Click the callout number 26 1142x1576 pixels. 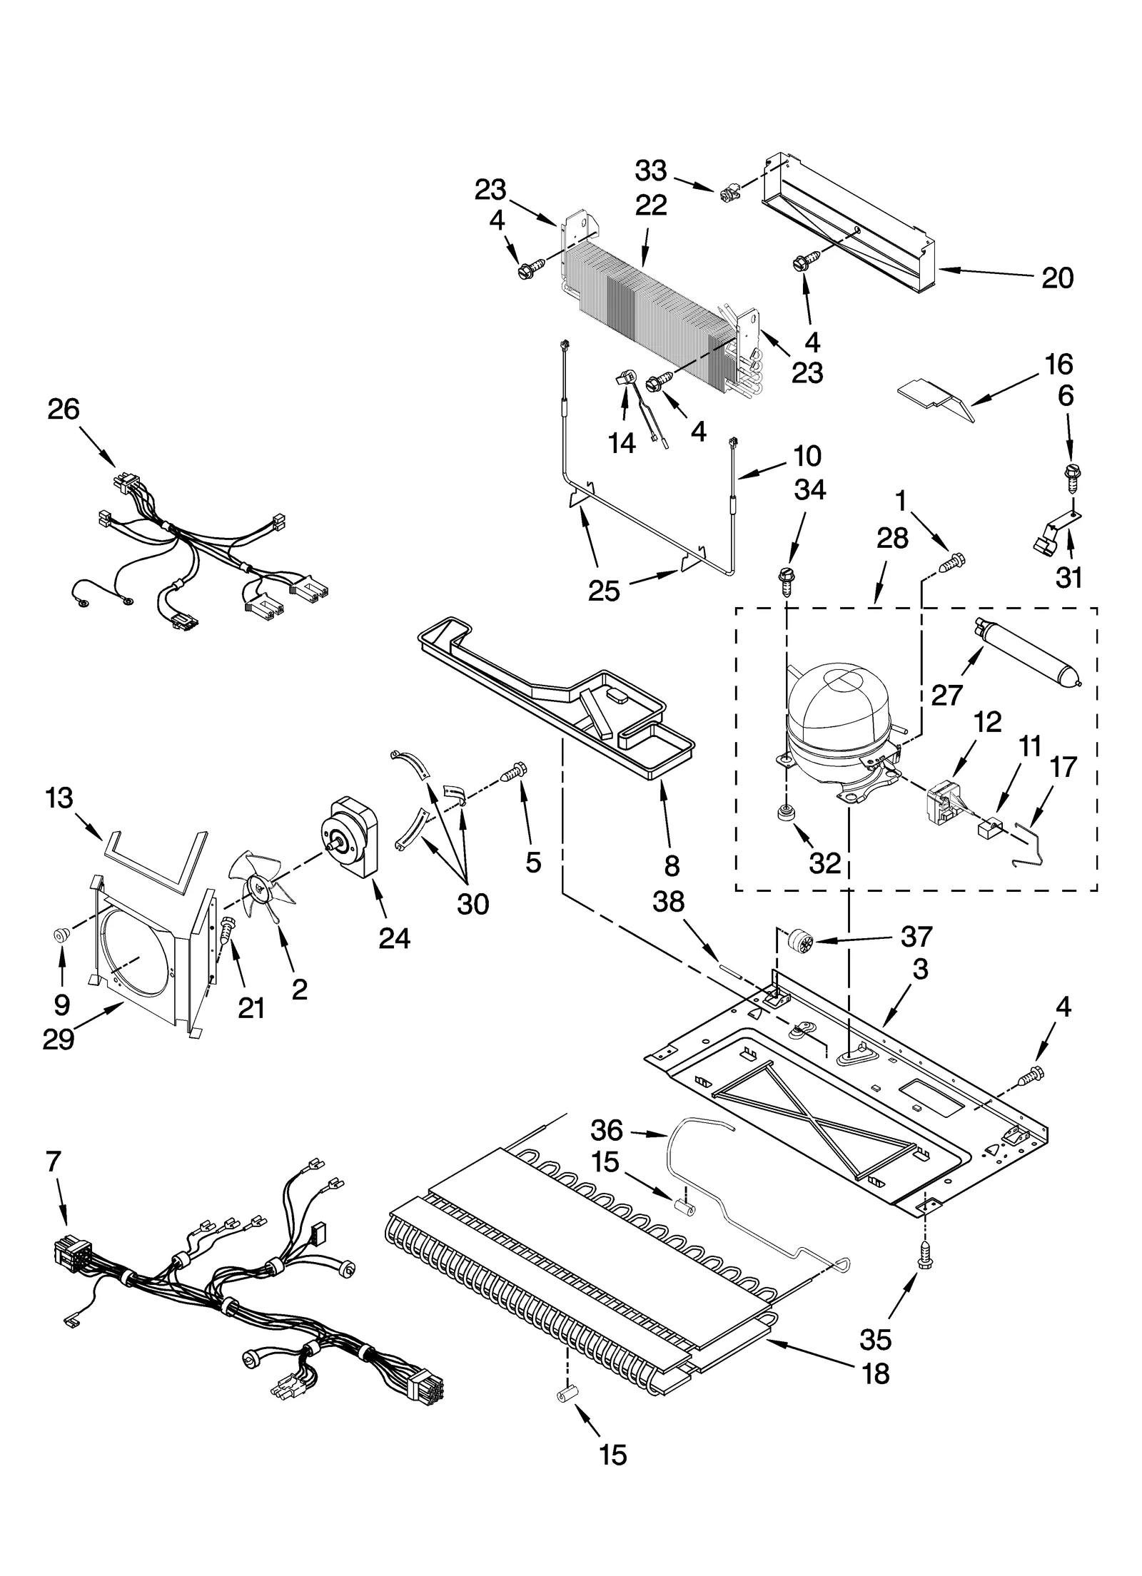(64, 410)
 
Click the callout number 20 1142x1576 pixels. (1057, 278)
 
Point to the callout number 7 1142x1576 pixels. (53, 1162)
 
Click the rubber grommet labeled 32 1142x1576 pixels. (787, 812)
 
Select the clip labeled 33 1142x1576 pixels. (727, 191)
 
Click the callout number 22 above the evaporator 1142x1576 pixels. (650, 205)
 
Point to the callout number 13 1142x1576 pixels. (59, 798)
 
